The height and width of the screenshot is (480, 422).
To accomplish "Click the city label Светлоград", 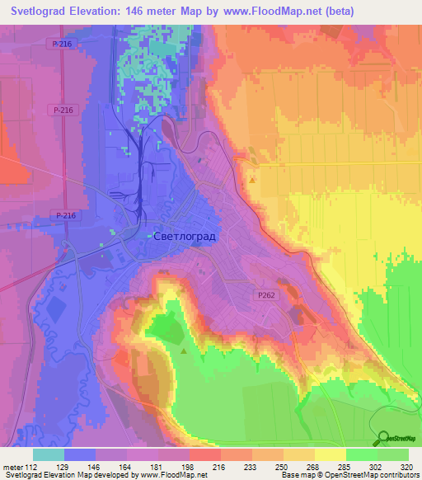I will click(x=185, y=236).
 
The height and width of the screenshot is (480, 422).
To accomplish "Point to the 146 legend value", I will click(x=96, y=466).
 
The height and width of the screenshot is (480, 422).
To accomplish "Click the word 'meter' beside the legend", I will click(x=12, y=466).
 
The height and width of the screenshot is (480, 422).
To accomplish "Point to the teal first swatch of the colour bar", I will click(x=49, y=454).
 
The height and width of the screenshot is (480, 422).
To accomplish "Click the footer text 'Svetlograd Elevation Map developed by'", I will click(x=55, y=475).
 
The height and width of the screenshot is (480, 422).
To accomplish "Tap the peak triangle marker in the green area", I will click(x=182, y=351).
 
